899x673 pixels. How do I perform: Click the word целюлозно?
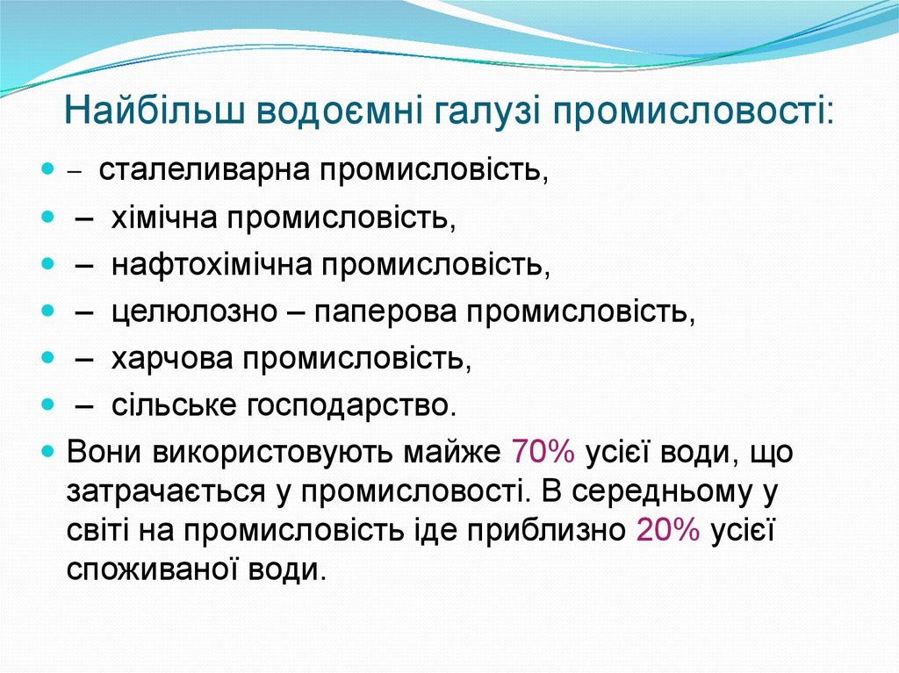pyautogui.click(x=184, y=312)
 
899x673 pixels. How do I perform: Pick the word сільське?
pyautogui.click(x=173, y=407)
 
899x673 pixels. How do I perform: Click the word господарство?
pyautogui.click(x=351, y=407)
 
